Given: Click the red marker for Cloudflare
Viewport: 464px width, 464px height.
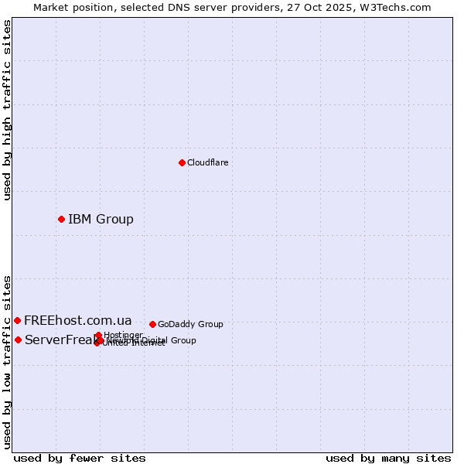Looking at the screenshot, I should [182, 162].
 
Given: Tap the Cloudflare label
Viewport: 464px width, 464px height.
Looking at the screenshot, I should [207, 162].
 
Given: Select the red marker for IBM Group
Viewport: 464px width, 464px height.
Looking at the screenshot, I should [61, 219].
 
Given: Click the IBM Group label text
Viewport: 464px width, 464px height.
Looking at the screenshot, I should [101, 219].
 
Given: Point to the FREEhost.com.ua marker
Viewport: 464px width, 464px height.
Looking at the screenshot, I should [17, 320].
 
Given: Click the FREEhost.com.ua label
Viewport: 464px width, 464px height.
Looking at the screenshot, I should [77, 320].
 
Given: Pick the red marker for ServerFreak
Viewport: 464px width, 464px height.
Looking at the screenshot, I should [18, 339].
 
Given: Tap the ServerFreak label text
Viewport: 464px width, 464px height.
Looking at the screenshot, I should [58, 340].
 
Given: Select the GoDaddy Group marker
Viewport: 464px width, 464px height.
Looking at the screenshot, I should [152, 324].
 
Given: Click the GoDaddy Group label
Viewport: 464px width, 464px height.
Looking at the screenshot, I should [190, 324].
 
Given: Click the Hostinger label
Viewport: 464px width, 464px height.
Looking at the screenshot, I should [123, 335].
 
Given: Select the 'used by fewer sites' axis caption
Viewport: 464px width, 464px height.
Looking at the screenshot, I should [80, 458].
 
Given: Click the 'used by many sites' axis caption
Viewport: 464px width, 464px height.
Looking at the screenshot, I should [388, 458].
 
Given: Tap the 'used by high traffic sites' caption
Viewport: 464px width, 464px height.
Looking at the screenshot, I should [7, 110].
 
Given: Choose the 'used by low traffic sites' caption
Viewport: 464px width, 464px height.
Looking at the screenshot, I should [7, 362].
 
